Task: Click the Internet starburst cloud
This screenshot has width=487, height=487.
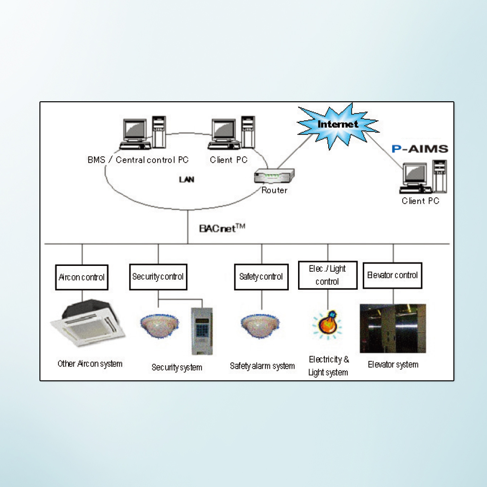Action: click(x=337, y=124)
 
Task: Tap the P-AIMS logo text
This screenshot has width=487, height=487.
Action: click(x=420, y=149)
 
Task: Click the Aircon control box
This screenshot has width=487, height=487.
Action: click(x=81, y=277)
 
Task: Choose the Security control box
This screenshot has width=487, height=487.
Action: click(x=158, y=277)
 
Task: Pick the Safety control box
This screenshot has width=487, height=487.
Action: click(x=261, y=277)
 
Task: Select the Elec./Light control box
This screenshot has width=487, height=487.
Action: click(x=327, y=275)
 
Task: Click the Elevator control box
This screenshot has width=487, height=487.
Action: click(x=393, y=275)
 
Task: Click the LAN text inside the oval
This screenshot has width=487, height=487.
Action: click(x=187, y=180)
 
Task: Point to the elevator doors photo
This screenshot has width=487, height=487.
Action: click(x=393, y=328)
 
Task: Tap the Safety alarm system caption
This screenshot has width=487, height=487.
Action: click(x=262, y=366)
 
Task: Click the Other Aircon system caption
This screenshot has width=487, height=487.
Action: click(x=90, y=364)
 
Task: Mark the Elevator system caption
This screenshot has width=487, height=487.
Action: click(x=393, y=364)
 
